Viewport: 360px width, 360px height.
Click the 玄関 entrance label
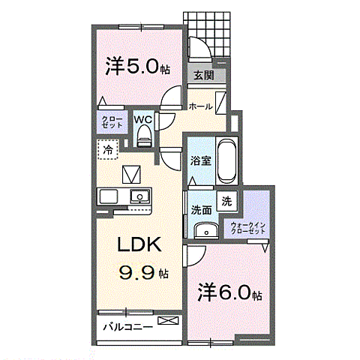point(204,75)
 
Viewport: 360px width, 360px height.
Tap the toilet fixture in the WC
point(145,136)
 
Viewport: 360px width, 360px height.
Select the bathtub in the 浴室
point(226,161)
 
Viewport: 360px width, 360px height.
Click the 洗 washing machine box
point(227,201)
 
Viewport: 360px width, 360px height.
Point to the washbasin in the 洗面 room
point(206,230)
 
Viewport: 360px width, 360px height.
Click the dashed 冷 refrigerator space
point(108,149)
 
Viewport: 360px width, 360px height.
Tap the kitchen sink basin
point(140,196)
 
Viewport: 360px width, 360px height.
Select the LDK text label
point(139,244)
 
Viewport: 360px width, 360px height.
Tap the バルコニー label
point(128,327)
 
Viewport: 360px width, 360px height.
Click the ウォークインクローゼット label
point(247,228)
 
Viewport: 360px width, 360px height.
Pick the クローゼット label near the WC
point(112,122)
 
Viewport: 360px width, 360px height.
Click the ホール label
point(200,106)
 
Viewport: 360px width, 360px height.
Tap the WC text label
point(143,119)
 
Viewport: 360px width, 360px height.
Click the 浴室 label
point(201,161)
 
